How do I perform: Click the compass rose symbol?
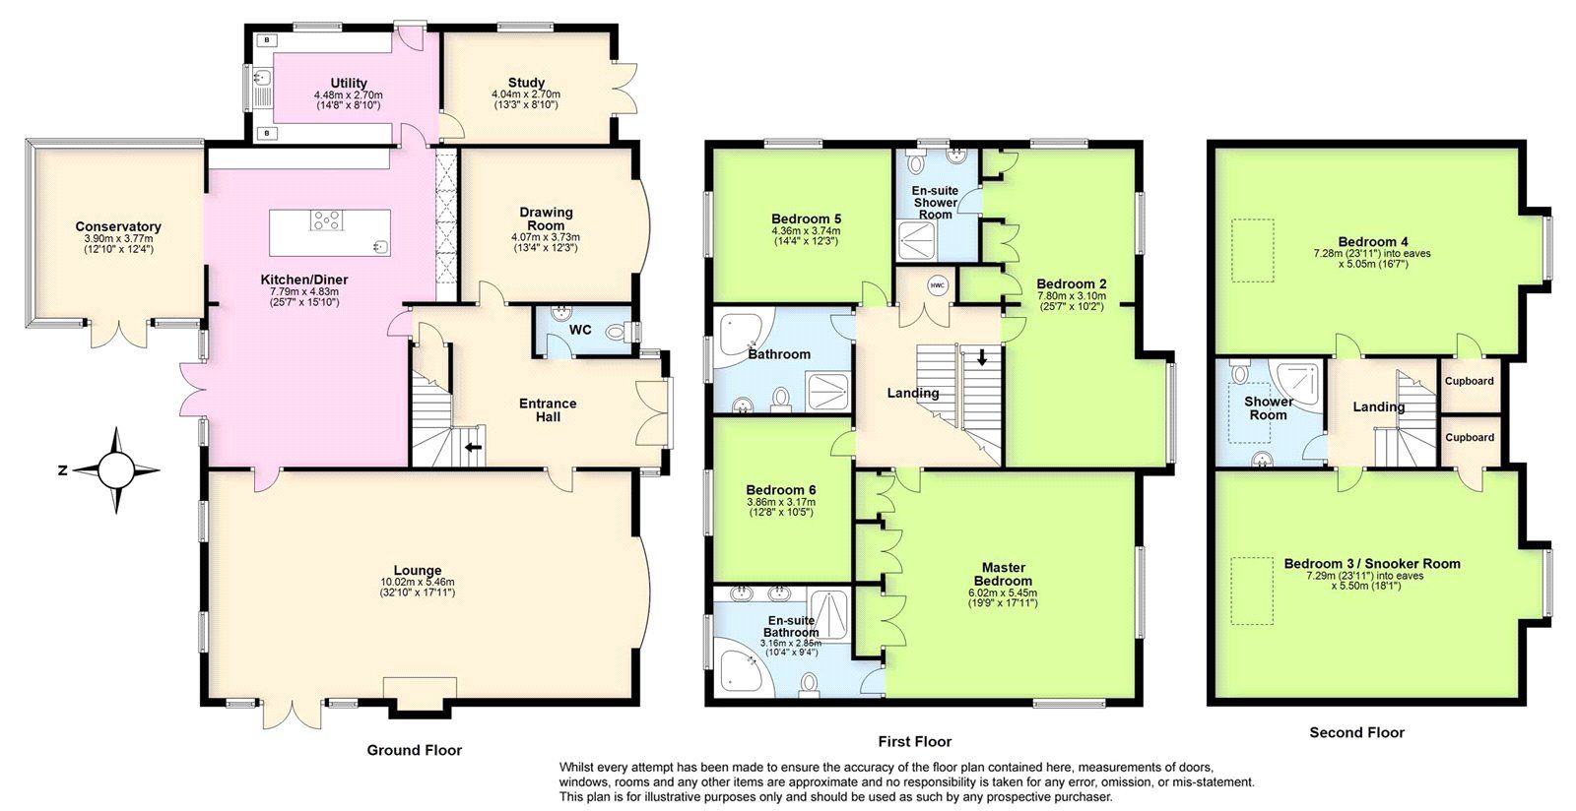[116, 470]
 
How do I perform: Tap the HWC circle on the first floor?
[938, 286]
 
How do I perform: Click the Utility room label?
[349, 83]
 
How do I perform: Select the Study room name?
[526, 83]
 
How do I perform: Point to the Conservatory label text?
[118, 226]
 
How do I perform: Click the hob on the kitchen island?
[326, 220]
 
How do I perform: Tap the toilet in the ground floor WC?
[619, 333]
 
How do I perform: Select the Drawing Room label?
[546, 218]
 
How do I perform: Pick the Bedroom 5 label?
[806, 218]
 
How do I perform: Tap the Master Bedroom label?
[1004, 574]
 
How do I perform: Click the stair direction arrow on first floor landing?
[981, 358]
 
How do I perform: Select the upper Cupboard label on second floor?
[1470, 381]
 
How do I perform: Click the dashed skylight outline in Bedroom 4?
[1253, 251]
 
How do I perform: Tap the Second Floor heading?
[1356, 732]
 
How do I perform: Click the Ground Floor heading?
[414, 750]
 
